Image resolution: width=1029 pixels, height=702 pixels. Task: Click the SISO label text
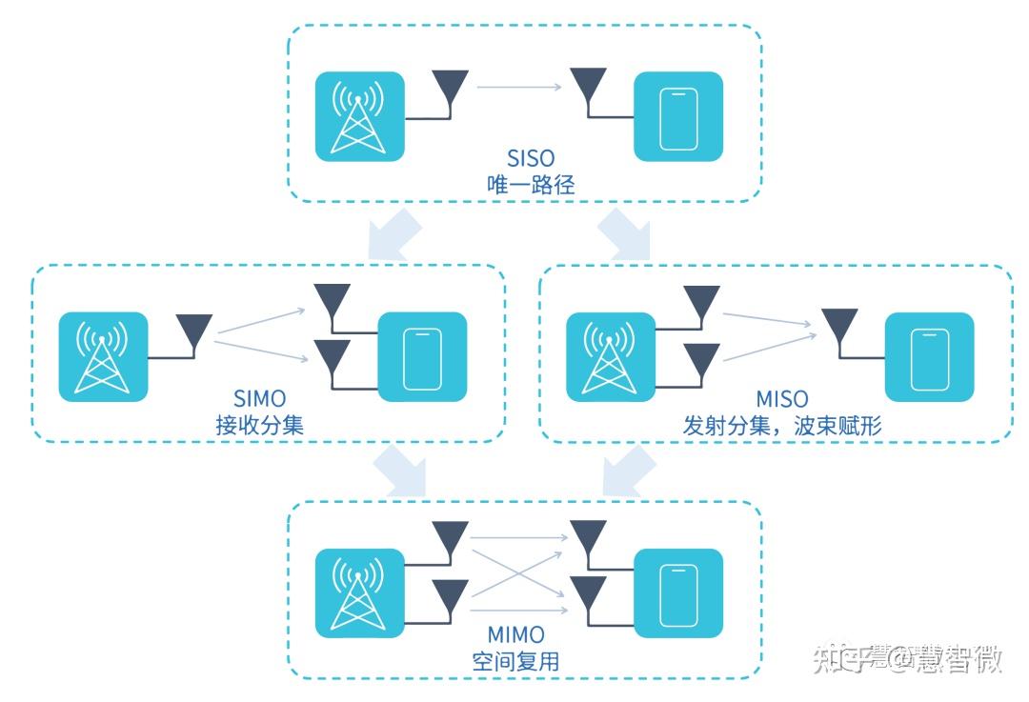pyautogui.click(x=531, y=157)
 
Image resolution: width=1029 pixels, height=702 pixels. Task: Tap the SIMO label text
pyautogui.click(x=259, y=397)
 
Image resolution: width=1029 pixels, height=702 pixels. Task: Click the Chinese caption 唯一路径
pyautogui.click(x=531, y=185)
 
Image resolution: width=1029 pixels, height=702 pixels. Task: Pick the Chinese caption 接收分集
pyautogui.click(x=259, y=425)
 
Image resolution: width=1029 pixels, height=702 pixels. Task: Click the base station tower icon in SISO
pyautogui.click(x=360, y=117)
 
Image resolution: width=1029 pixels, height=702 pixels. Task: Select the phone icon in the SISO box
pyautogui.click(x=678, y=117)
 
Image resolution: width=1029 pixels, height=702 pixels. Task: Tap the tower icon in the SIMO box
pyautogui.click(x=103, y=357)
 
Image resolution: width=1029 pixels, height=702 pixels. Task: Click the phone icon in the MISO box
pyautogui.click(x=929, y=357)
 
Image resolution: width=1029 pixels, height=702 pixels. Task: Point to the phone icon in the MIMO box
pyautogui.click(x=678, y=593)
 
